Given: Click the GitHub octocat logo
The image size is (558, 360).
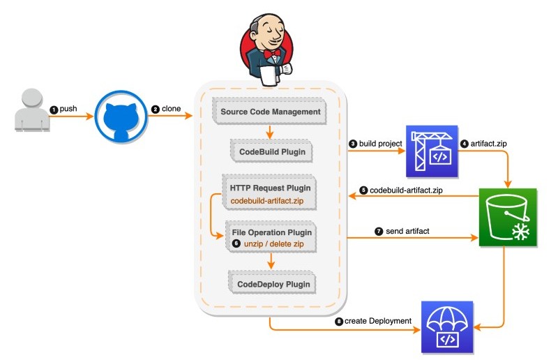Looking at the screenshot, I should [120, 117].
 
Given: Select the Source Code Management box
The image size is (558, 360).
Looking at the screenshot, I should [270, 112].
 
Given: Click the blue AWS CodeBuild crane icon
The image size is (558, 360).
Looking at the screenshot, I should [431, 151].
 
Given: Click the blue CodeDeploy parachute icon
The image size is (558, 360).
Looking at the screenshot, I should [447, 327].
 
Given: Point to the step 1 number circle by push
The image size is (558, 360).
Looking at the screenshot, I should [53, 110].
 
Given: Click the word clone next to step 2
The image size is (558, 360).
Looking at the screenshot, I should [172, 109].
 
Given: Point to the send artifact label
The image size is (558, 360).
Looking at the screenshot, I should [409, 231].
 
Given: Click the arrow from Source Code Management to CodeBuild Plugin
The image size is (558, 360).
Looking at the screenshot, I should [271, 130].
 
